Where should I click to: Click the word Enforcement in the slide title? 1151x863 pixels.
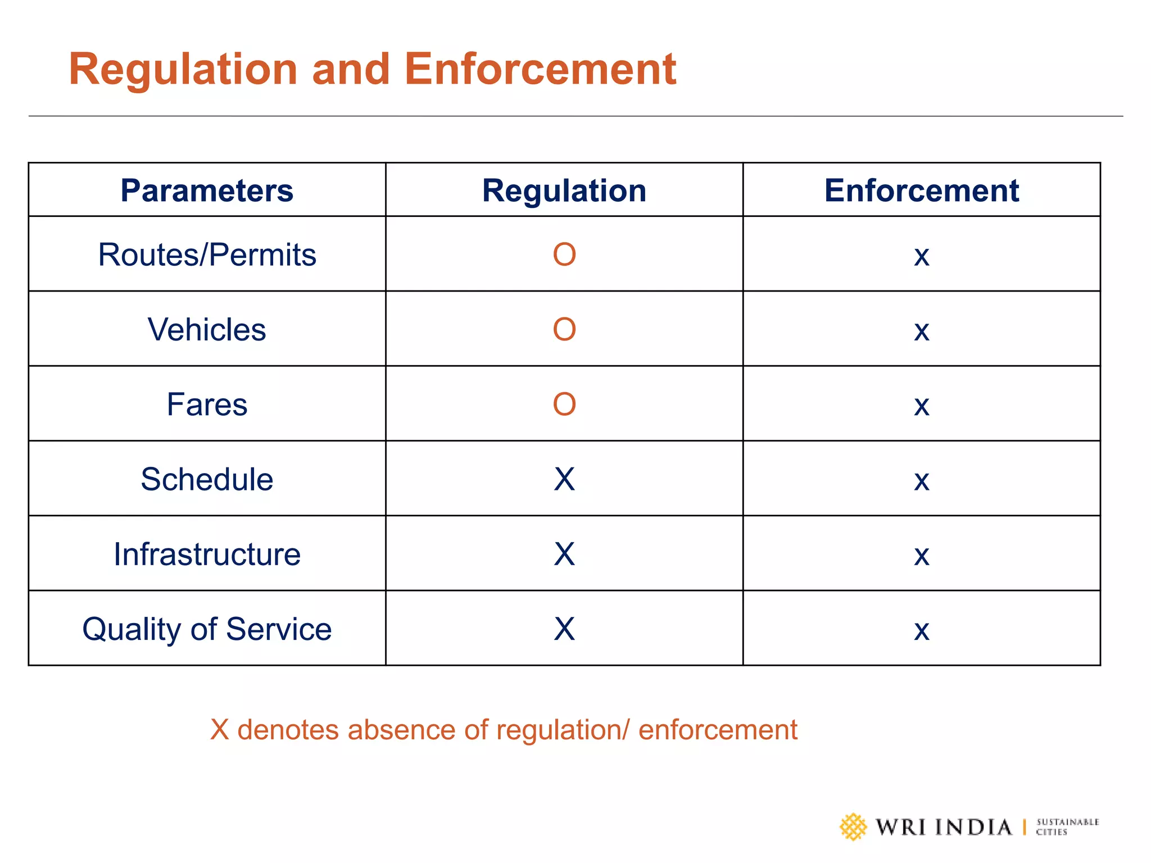[540, 69]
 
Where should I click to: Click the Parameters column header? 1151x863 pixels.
[207, 190]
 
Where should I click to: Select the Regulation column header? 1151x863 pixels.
[564, 190]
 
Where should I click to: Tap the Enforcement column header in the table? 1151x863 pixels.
[921, 190]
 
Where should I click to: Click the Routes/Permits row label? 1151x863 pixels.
[207, 255]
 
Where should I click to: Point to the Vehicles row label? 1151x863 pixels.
[207, 329]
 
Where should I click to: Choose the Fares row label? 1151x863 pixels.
[207, 404]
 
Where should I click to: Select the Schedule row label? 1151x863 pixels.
[207, 479]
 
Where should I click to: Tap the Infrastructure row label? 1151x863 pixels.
[207, 554]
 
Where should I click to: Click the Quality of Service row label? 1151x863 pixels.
[207, 629]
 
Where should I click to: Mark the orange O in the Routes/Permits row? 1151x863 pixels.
[564, 255]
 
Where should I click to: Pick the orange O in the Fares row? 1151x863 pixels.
[564, 404]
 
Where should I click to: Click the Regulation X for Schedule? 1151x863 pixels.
[564, 479]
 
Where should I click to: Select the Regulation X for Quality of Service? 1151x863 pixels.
[564, 629]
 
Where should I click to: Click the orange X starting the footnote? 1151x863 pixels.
[219, 730]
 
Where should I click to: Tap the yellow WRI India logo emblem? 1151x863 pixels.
[853, 827]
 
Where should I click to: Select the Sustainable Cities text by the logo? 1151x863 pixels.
[1067, 827]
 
